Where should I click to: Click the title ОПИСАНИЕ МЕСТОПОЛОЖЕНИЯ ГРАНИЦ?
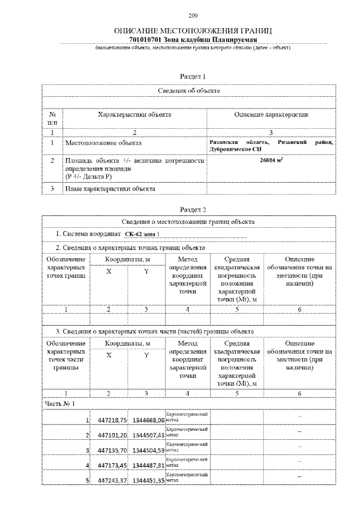(x=193, y=32)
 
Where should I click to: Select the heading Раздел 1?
(x=192, y=75)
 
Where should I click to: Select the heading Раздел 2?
(x=192, y=209)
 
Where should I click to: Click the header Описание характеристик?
(x=271, y=115)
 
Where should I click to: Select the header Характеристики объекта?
(x=134, y=115)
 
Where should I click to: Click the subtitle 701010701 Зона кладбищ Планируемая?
(x=193, y=41)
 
